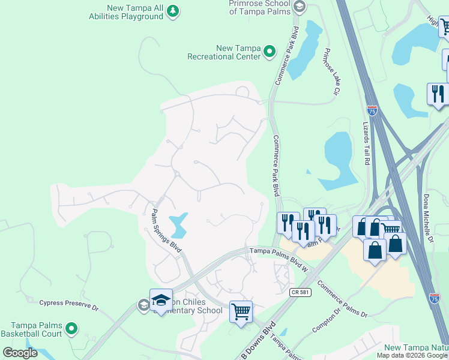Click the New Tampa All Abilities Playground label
click(135, 13)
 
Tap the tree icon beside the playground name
click(173, 11)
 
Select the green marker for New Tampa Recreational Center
click(270, 52)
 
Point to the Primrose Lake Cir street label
click(330, 71)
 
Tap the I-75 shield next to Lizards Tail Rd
click(373, 110)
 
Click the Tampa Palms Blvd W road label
click(278, 259)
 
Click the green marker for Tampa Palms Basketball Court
click(71, 328)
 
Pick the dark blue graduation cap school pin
click(161, 301)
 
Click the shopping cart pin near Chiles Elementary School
click(241, 311)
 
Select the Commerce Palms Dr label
click(343, 298)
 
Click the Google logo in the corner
click(20, 353)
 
